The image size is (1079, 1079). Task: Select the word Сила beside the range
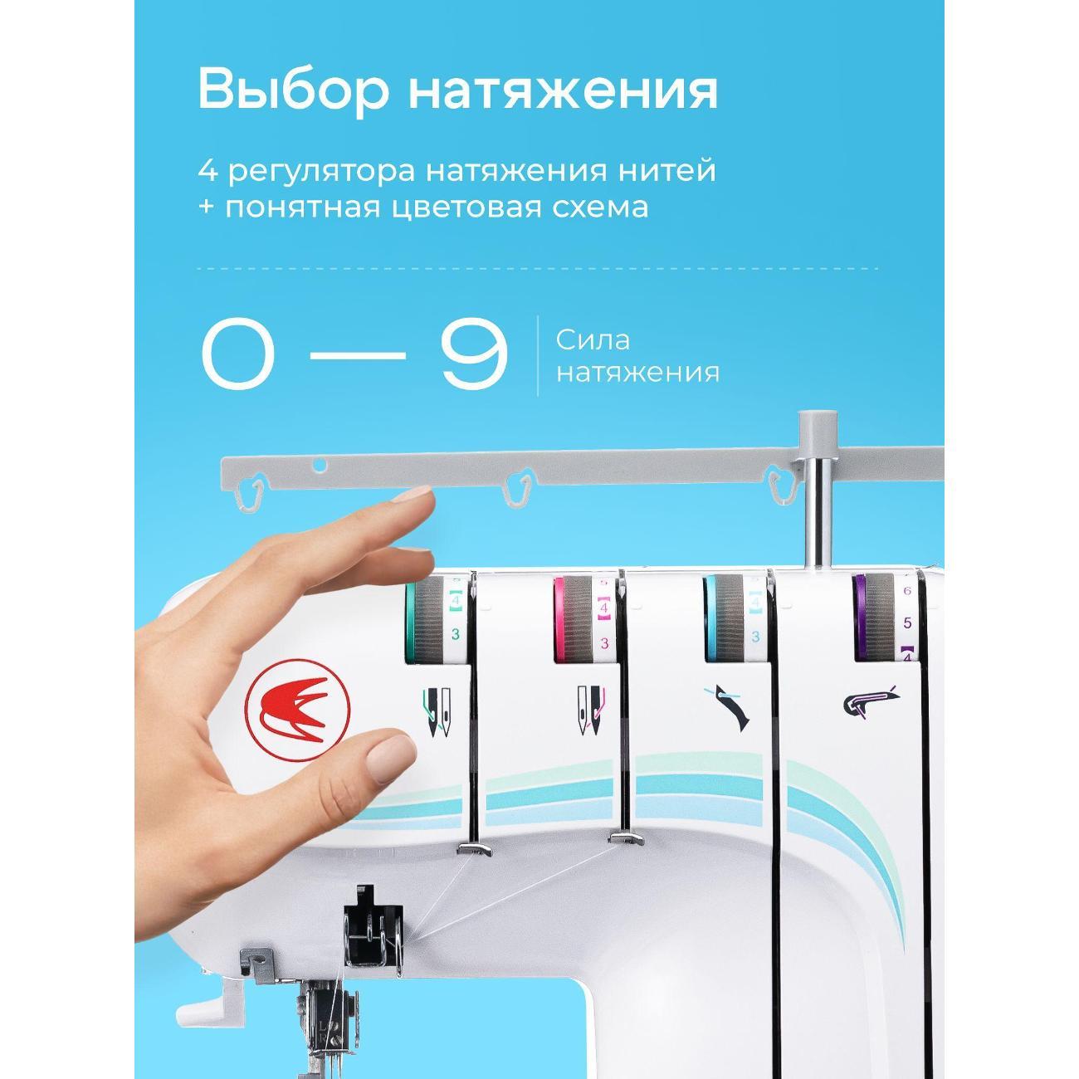(x=593, y=339)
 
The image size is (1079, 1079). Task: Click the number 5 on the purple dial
(x=907, y=622)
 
